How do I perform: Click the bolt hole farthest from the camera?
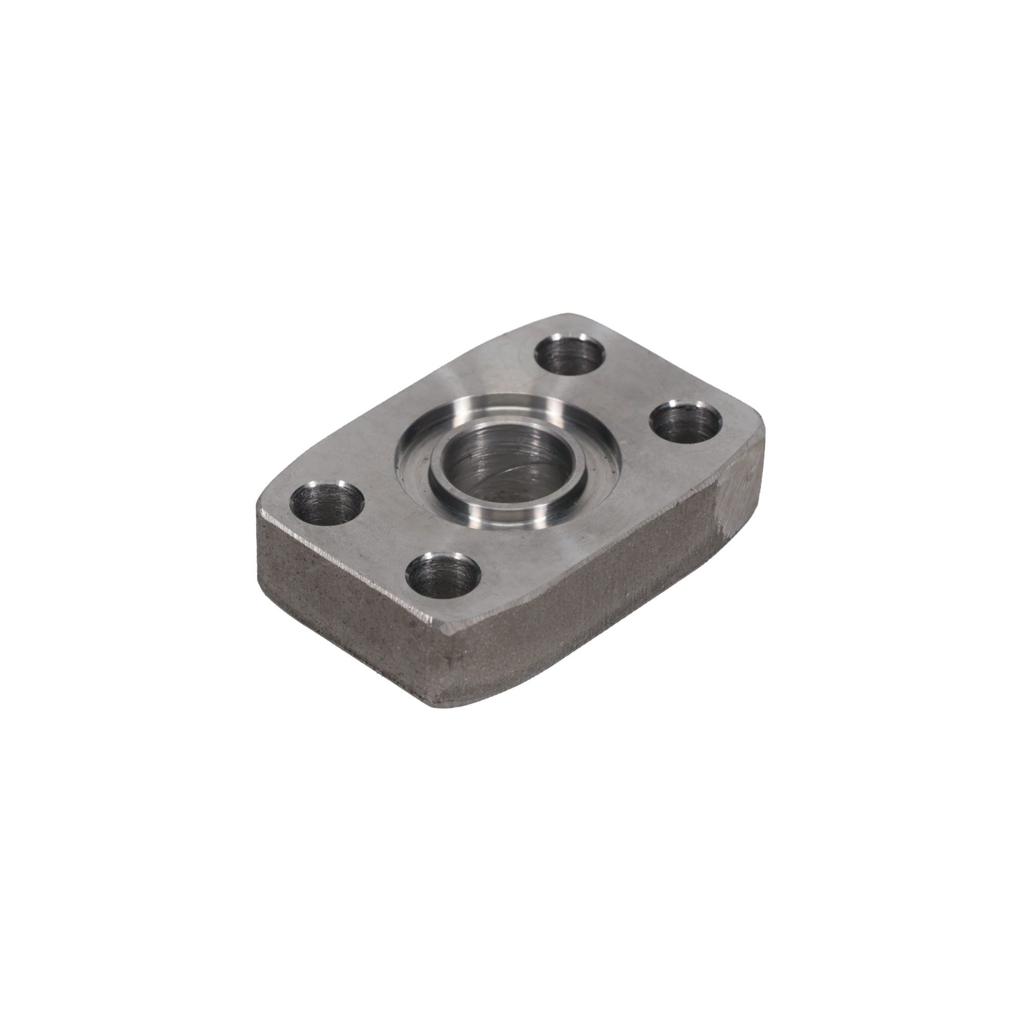tap(570, 355)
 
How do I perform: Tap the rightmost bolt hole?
tap(686, 422)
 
